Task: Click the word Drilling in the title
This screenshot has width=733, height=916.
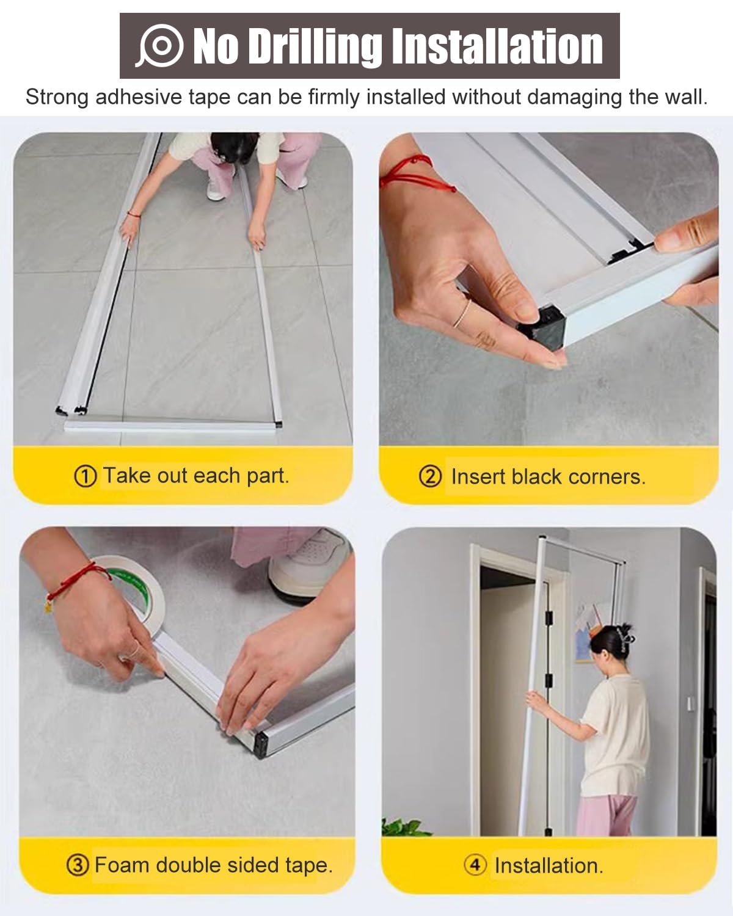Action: point(315,46)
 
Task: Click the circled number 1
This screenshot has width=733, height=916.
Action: point(85,476)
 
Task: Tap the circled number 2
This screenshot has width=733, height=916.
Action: point(430,476)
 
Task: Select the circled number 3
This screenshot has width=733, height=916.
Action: point(77,865)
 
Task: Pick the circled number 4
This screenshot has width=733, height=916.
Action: point(475,865)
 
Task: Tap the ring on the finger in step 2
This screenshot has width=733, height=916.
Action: point(464,313)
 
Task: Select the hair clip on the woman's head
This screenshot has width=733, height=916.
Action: point(624,635)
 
